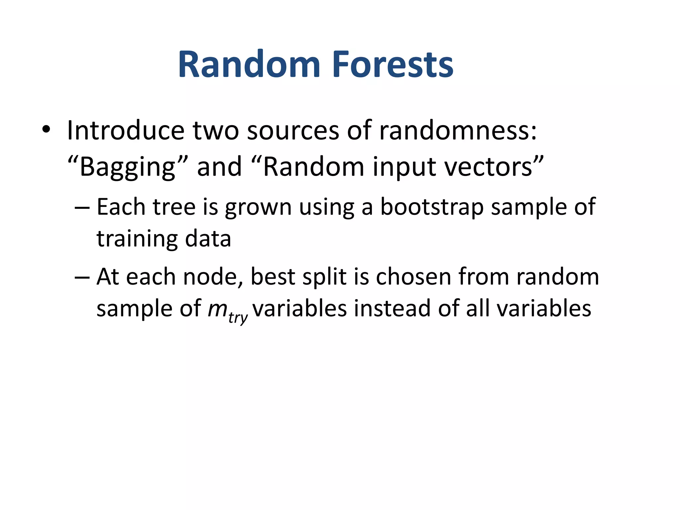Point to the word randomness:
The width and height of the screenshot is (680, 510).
(458, 130)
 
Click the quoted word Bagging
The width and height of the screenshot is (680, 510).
(128, 167)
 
